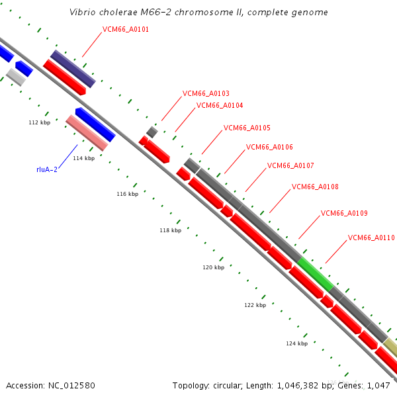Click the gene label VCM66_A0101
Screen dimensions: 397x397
(126, 30)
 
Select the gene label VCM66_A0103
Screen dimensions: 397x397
(206, 94)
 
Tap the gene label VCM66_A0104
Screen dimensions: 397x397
(220, 106)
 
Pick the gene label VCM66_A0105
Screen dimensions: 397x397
(247, 128)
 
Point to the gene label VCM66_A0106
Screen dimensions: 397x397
(269, 148)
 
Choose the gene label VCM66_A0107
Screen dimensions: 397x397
(290, 165)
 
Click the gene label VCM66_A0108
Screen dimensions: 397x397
(315, 187)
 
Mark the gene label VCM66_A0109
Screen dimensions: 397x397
(344, 213)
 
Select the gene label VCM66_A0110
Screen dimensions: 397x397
(371, 238)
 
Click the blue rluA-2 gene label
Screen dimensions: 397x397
(47, 170)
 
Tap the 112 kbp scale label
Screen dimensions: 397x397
(40, 123)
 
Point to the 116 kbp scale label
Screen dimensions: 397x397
(128, 195)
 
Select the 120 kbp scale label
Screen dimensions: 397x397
(213, 268)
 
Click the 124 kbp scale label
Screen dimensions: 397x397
(296, 344)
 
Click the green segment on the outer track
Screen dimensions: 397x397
(315, 275)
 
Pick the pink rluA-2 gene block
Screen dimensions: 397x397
(87, 132)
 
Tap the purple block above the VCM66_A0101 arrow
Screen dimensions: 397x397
(73, 68)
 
